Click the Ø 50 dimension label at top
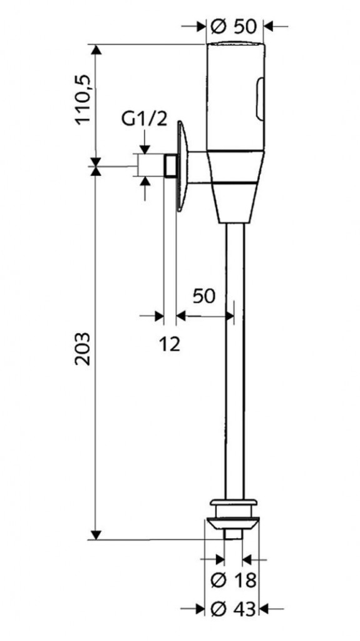[233, 26]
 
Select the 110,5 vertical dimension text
[83, 100]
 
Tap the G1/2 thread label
[145, 120]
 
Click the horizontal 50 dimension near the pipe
[203, 296]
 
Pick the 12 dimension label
[170, 345]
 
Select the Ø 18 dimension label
[234, 580]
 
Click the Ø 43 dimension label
[234, 610]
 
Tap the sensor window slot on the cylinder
[259, 100]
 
